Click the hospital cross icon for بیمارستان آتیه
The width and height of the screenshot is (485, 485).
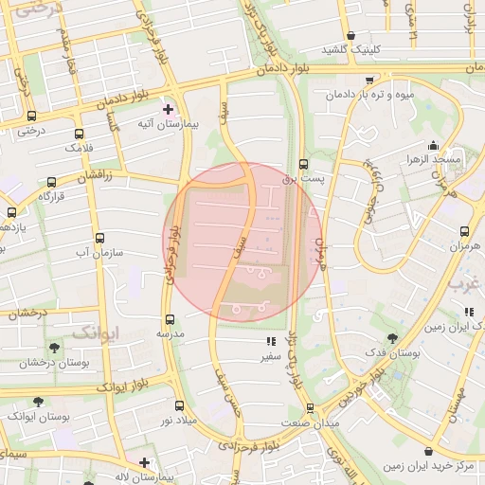(x=169, y=109)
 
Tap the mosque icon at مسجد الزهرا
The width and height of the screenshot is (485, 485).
(x=434, y=145)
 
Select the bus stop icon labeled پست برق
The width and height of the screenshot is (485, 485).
(x=303, y=163)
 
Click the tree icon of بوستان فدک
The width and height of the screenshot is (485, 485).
(x=392, y=338)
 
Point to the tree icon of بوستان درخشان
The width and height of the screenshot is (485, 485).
(x=53, y=348)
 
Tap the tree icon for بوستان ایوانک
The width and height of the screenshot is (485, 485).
(x=38, y=402)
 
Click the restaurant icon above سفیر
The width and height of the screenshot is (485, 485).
(x=270, y=342)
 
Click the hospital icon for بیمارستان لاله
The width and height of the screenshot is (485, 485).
(x=144, y=462)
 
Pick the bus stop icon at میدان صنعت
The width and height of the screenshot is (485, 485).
(x=310, y=408)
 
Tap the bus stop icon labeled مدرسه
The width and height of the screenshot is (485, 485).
(x=171, y=319)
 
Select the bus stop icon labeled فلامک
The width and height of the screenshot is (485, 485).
(x=78, y=134)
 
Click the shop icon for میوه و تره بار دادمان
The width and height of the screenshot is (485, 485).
(x=368, y=81)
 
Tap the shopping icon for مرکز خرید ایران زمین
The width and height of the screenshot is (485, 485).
(x=432, y=452)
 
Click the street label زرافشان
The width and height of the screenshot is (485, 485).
(x=94, y=177)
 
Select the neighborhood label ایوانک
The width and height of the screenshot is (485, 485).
(x=97, y=332)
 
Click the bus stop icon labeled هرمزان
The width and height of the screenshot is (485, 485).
(x=464, y=230)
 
